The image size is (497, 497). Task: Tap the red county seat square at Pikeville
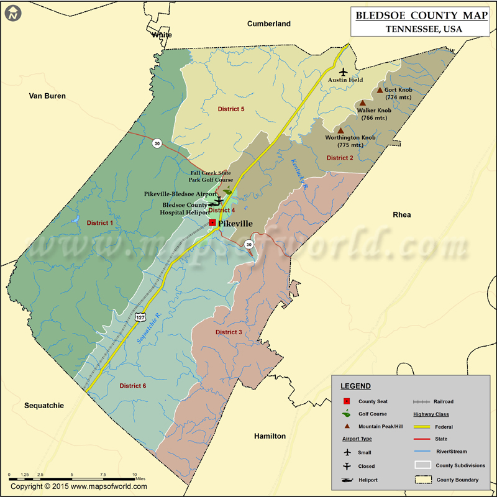212,222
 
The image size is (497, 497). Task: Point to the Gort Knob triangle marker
380,91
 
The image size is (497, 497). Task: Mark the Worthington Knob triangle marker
340,130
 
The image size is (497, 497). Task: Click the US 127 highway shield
141,317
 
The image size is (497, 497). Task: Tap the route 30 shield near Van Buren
157,143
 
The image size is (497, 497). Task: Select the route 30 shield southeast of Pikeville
248,244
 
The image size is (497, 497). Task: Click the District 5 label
231,109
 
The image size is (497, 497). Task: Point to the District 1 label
100,222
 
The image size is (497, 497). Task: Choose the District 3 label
229,332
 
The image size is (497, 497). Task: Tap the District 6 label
133,386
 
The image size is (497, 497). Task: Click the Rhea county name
402,214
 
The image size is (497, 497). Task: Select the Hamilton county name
270,436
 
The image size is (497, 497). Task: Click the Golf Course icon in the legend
346,414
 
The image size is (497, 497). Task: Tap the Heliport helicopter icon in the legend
347,480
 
